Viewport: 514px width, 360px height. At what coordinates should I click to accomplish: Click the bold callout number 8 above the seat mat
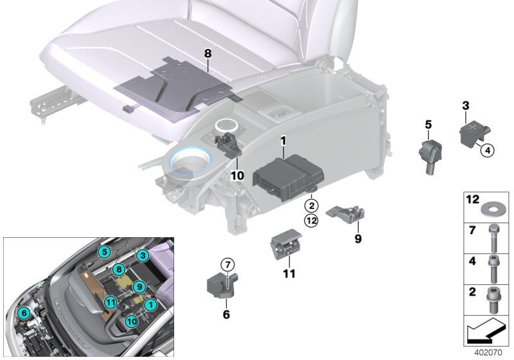[208, 53]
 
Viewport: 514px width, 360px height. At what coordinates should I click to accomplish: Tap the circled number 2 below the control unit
[310, 206]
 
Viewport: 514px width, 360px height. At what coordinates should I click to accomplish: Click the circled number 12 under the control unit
[310, 221]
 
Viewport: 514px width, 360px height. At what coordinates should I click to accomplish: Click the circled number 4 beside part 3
[486, 150]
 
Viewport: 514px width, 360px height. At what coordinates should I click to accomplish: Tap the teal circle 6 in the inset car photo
[24, 312]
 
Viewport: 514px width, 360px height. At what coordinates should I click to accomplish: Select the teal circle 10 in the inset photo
[130, 320]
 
